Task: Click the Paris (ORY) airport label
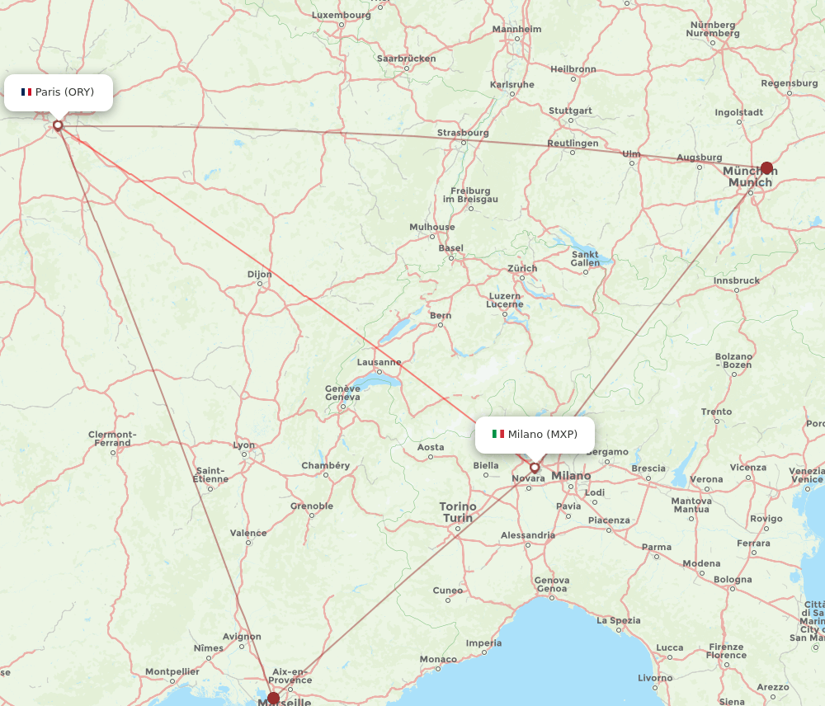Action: pyautogui.click(x=64, y=92)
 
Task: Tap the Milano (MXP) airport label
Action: pyautogui.click(x=542, y=434)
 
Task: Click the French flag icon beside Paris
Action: pyautogui.click(x=26, y=92)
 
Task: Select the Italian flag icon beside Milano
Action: pyautogui.click(x=498, y=434)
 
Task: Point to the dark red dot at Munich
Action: pyautogui.click(x=766, y=168)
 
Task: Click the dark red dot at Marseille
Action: pyautogui.click(x=274, y=698)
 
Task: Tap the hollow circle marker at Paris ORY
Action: pyautogui.click(x=58, y=125)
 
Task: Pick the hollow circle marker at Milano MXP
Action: pyautogui.click(x=535, y=468)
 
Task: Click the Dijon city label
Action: pyautogui.click(x=259, y=275)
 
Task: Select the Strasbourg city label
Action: pyautogui.click(x=463, y=133)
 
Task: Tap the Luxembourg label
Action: pyautogui.click(x=342, y=15)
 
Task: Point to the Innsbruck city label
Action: pyautogui.click(x=736, y=280)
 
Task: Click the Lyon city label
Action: pyautogui.click(x=244, y=445)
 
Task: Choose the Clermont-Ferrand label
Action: pyautogui.click(x=112, y=438)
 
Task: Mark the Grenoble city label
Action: pyautogui.click(x=312, y=506)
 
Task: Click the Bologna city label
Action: pyautogui.click(x=733, y=580)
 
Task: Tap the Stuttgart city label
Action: pyautogui.click(x=570, y=111)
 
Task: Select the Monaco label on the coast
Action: pyautogui.click(x=437, y=659)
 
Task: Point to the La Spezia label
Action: pyautogui.click(x=618, y=620)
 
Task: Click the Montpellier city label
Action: pyautogui.click(x=172, y=672)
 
